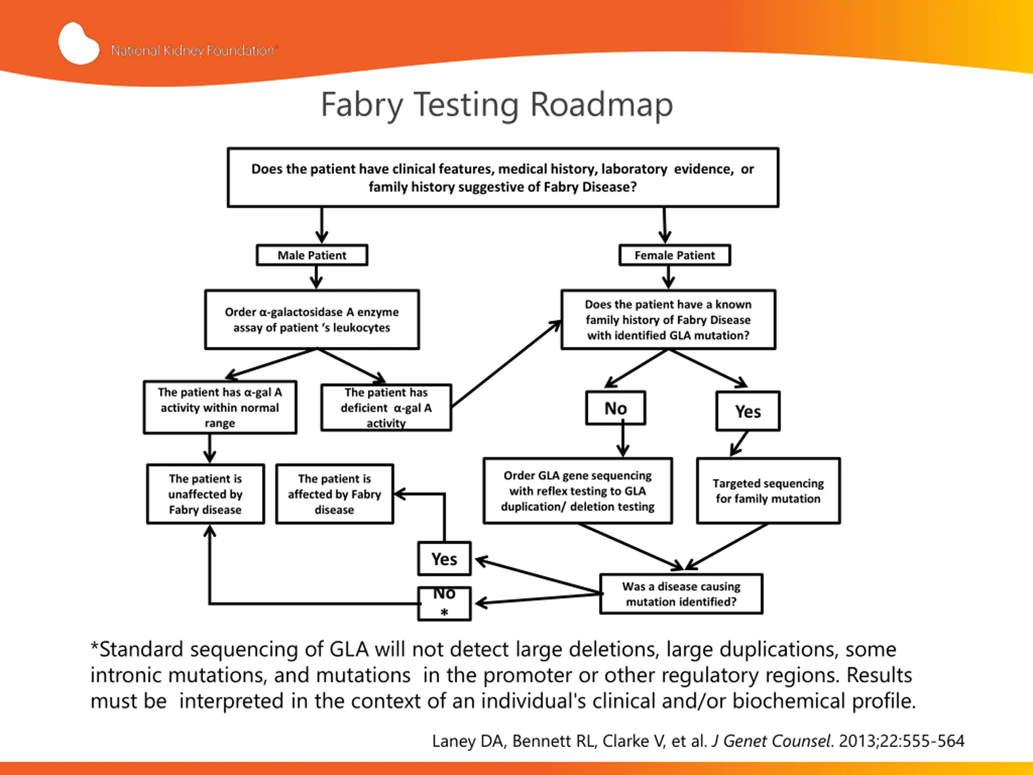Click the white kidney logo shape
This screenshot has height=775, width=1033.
(78, 44)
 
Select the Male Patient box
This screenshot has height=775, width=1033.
(312, 255)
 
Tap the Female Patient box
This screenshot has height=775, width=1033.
(674, 255)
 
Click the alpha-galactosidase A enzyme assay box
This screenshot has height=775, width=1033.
(312, 320)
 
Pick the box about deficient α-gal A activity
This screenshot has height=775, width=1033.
(386, 407)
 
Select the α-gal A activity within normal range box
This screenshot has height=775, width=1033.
(220, 407)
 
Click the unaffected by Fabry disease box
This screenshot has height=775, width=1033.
(205, 494)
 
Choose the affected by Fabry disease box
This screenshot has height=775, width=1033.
(335, 494)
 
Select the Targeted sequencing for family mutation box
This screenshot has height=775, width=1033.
(768, 491)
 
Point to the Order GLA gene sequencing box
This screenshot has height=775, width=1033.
(578, 491)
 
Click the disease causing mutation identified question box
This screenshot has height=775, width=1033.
(681, 594)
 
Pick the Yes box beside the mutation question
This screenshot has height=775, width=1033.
(444, 559)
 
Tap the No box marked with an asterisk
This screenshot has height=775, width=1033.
(444, 603)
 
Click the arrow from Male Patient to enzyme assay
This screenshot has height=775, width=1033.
(316, 277)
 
